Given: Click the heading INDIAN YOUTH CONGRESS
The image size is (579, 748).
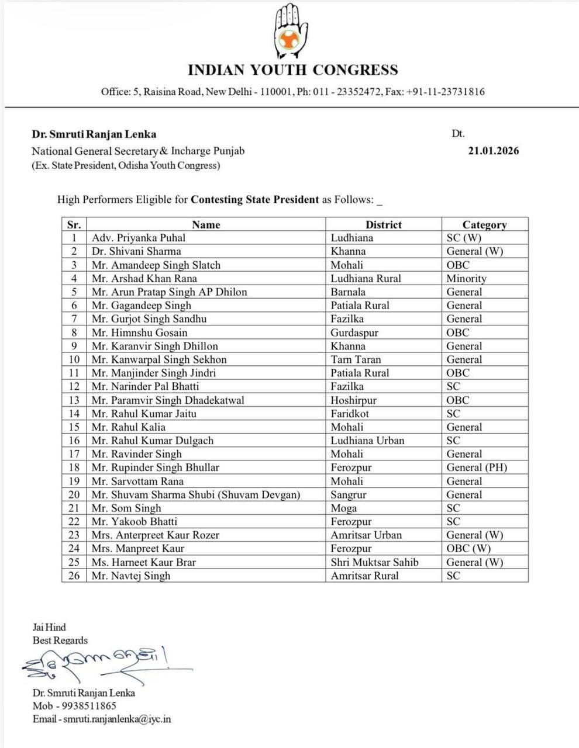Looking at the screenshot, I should coord(292,71).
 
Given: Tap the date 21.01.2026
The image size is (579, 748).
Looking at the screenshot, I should coord(493,151).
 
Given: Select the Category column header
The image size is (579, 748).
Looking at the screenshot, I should coord(484,224).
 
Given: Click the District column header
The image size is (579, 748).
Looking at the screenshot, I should coord(383,224).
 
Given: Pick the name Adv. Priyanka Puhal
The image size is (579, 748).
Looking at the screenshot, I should coord(139,238).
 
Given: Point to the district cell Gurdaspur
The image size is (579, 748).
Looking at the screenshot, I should coord(354,333).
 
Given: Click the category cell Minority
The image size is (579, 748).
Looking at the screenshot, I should coord(466,279).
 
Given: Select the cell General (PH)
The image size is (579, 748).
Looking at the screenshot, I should coord(477,467).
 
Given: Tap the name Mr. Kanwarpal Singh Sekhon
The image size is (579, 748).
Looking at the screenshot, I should coord(159,359).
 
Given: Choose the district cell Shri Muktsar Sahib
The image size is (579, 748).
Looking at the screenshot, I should coord(374,562).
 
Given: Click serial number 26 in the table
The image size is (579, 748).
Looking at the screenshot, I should coord(74,576).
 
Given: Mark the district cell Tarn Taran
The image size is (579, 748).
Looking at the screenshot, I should coord(356,359).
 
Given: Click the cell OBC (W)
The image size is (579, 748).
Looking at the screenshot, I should coord(468,549).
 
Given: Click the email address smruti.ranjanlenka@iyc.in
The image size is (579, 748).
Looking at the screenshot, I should coord(117,719).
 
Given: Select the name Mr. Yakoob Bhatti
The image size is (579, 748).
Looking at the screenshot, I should coord(135,521).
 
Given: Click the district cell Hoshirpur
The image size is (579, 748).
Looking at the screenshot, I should coord(353,400).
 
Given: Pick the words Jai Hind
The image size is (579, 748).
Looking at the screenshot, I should coord(49,628).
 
